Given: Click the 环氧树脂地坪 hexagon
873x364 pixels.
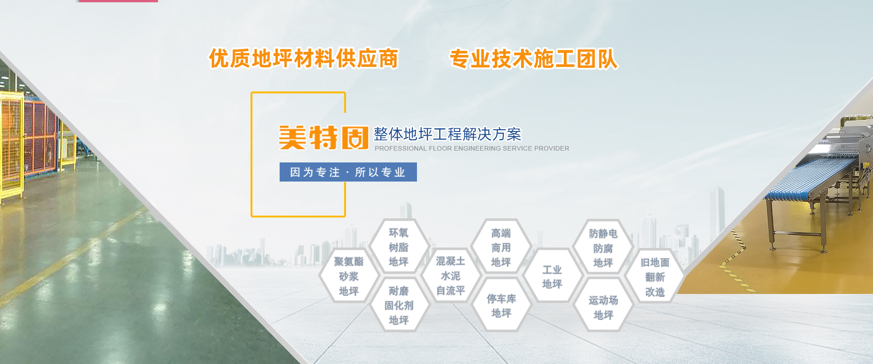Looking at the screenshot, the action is (399, 247).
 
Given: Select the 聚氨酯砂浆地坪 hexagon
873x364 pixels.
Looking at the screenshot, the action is (349, 276).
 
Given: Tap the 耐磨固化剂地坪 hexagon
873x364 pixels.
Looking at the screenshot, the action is (399, 305).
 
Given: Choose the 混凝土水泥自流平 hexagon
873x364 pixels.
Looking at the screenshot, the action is (451, 276).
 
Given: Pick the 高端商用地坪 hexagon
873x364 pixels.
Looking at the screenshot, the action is (501, 248).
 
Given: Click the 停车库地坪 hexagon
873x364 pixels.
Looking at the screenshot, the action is (501, 305).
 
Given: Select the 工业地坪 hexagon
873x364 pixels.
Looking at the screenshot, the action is (552, 276).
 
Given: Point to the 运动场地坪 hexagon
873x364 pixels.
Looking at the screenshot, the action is (603, 307).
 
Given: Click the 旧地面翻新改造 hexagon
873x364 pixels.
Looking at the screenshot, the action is (655, 277).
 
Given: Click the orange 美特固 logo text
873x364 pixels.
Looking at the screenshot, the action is (323, 137).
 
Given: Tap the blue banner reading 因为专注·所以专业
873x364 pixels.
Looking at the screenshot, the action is (348, 172).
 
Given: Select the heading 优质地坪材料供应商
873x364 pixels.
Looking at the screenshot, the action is (303, 59).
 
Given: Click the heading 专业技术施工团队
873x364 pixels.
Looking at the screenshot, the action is (534, 59).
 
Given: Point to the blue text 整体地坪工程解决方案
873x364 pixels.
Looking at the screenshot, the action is (447, 134).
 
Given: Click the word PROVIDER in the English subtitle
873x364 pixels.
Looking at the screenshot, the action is (552, 148).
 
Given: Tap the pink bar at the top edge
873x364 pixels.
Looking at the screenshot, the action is (118, 1).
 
